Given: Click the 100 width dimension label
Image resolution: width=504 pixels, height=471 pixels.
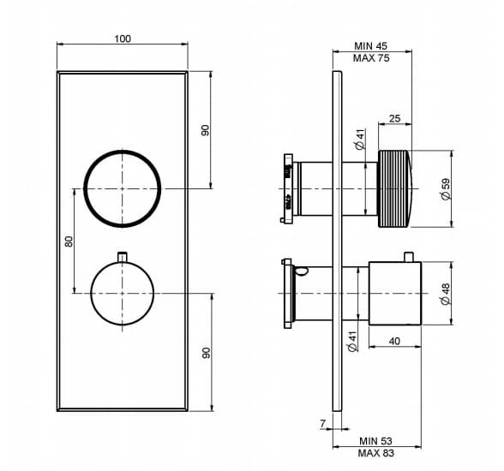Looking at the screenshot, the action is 123,39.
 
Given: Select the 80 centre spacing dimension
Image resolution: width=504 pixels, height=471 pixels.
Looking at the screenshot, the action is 69,241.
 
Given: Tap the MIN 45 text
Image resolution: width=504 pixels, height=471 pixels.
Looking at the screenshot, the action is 370,46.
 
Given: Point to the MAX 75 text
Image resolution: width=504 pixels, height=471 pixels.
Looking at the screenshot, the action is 371,58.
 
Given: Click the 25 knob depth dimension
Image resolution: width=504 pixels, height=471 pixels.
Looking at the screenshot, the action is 394,118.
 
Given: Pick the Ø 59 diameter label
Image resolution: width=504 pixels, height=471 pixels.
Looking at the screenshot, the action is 446,188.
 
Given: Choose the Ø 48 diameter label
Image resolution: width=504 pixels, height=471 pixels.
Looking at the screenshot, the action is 446,294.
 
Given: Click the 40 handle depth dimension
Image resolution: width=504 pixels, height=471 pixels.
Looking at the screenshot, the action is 394,341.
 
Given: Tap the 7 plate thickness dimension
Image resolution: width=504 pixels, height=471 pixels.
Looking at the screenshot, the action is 322,424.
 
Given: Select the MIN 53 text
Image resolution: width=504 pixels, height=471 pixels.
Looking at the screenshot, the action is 375,441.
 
